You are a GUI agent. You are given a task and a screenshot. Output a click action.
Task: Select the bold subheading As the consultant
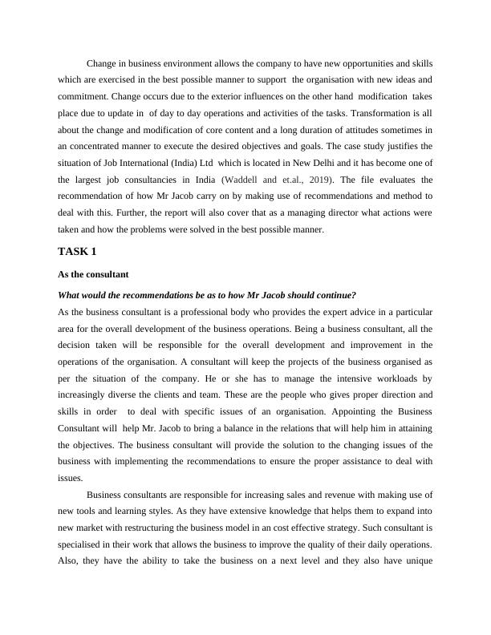[x=94, y=274]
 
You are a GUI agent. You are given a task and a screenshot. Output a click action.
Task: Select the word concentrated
[x=108, y=147]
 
